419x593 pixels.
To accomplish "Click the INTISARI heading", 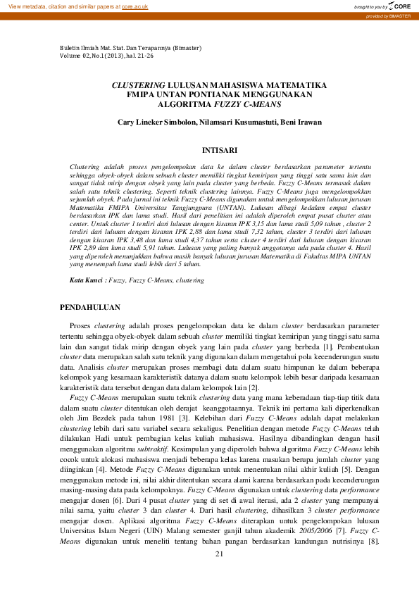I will tap(219, 150).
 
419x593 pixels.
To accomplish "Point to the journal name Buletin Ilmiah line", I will tap(132, 49).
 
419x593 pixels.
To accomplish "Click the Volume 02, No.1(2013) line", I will tap(108, 56).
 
